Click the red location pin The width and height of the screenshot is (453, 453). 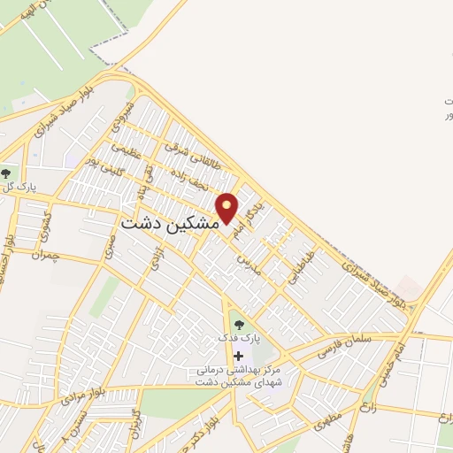tap(227, 208)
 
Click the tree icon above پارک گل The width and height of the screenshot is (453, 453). tap(7, 173)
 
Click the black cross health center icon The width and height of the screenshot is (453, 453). tap(236, 355)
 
